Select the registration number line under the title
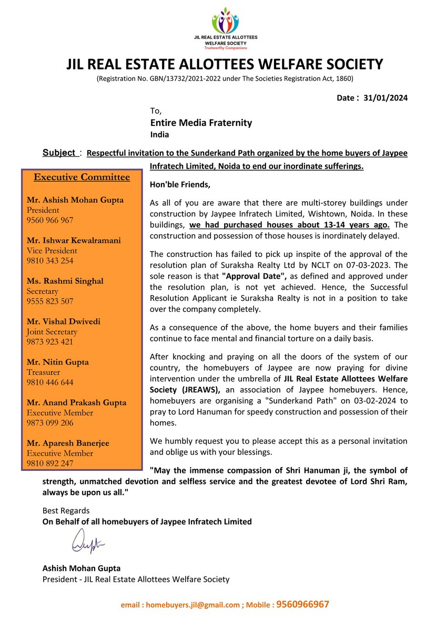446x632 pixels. click(x=225, y=78)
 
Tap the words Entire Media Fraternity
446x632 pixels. click(x=201, y=123)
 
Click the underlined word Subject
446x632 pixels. click(x=59, y=153)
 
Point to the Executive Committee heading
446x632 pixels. click(x=82, y=177)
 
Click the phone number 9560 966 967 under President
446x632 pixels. click(x=50, y=220)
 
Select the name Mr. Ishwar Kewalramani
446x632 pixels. click(x=74, y=241)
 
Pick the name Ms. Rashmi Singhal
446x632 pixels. click(x=65, y=281)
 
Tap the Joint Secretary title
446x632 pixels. click(x=52, y=332)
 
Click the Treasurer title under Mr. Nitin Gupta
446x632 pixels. click(x=44, y=372)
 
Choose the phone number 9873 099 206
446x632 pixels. click(x=50, y=423)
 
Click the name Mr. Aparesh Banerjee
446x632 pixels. click(x=68, y=443)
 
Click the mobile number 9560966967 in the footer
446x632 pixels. click(x=303, y=605)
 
